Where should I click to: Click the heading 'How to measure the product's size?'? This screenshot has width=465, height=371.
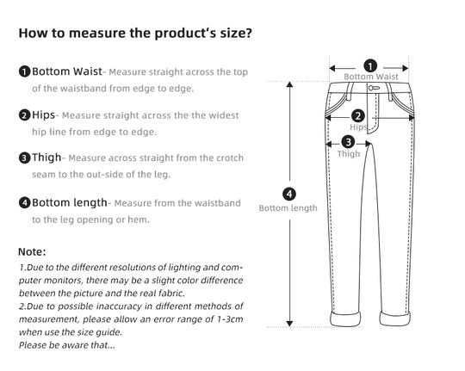[135, 34]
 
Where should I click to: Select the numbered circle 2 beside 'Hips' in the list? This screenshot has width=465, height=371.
[25, 114]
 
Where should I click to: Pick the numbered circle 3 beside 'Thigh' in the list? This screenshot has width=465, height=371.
[25, 158]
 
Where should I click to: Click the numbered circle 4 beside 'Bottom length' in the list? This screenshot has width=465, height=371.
[25, 202]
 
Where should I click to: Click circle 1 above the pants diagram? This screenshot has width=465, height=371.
[370, 65]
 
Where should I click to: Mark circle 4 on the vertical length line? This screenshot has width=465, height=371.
[289, 194]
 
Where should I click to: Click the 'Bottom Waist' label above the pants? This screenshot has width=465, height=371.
[371, 77]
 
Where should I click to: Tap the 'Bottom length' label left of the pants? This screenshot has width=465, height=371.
[288, 208]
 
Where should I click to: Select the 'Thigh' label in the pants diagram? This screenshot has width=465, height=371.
[349, 154]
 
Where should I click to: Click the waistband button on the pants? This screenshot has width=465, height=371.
[373, 88]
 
